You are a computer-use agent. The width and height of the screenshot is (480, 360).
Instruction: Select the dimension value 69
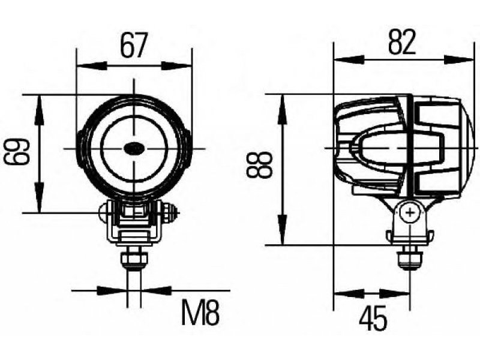[17, 152]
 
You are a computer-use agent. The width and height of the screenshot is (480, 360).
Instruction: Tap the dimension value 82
[402, 42]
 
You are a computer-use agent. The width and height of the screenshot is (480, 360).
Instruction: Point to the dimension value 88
[259, 166]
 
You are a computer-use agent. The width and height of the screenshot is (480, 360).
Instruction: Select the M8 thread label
[201, 313]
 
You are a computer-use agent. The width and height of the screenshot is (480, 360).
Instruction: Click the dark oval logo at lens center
[133, 148]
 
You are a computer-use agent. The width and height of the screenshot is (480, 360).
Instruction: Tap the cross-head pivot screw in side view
[409, 212]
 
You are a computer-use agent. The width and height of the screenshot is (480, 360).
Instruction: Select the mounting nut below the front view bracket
[134, 260]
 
